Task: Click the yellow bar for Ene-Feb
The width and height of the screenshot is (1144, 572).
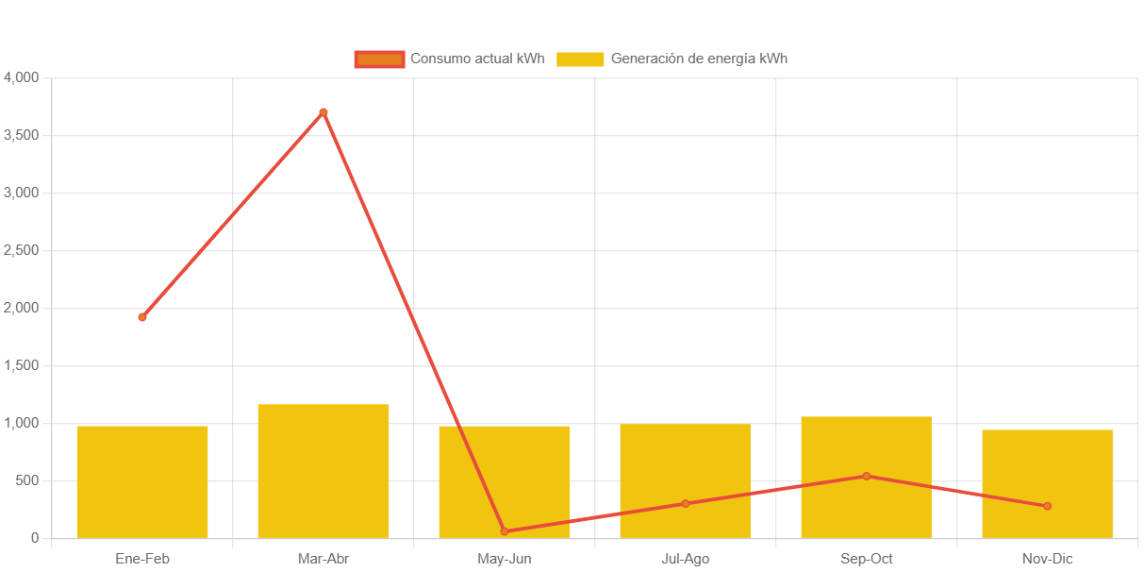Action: click(142, 481)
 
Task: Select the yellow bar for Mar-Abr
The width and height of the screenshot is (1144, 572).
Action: click(323, 471)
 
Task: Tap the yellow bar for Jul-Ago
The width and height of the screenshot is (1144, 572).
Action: click(686, 480)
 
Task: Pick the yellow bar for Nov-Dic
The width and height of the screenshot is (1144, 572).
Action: click(1047, 483)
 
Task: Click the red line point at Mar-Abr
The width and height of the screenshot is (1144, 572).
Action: click(323, 112)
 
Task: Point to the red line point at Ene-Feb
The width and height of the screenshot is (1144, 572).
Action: click(142, 317)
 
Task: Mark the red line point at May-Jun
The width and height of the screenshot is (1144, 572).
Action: click(505, 531)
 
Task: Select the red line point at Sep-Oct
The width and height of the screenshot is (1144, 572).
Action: click(867, 476)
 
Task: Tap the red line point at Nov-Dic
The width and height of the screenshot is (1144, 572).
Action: click(1047, 506)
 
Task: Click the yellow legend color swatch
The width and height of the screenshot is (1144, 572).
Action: click(580, 59)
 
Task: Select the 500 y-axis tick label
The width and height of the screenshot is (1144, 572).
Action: click(27, 480)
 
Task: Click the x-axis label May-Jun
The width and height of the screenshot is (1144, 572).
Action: click(505, 559)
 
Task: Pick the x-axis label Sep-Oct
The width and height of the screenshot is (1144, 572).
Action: click(867, 559)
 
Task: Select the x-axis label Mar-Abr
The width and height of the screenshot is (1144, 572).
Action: click(323, 559)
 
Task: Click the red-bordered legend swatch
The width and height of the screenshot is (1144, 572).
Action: click(379, 59)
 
